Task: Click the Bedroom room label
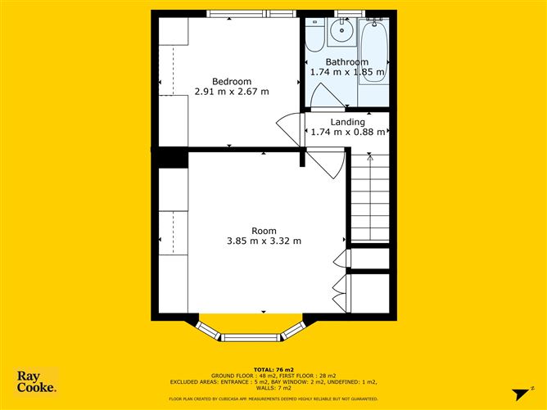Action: (x=232, y=81)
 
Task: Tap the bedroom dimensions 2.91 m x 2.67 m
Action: (x=232, y=92)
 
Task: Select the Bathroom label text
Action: (x=346, y=62)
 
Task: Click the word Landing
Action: (x=347, y=122)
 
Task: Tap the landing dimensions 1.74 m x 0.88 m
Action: (x=347, y=133)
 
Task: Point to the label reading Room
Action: (x=264, y=230)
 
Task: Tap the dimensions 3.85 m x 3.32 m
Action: (x=264, y=241)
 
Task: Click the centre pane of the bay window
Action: (x=251, y=336)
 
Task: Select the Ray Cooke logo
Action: (x=37, y=382)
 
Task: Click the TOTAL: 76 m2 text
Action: (x=273, y=369)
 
